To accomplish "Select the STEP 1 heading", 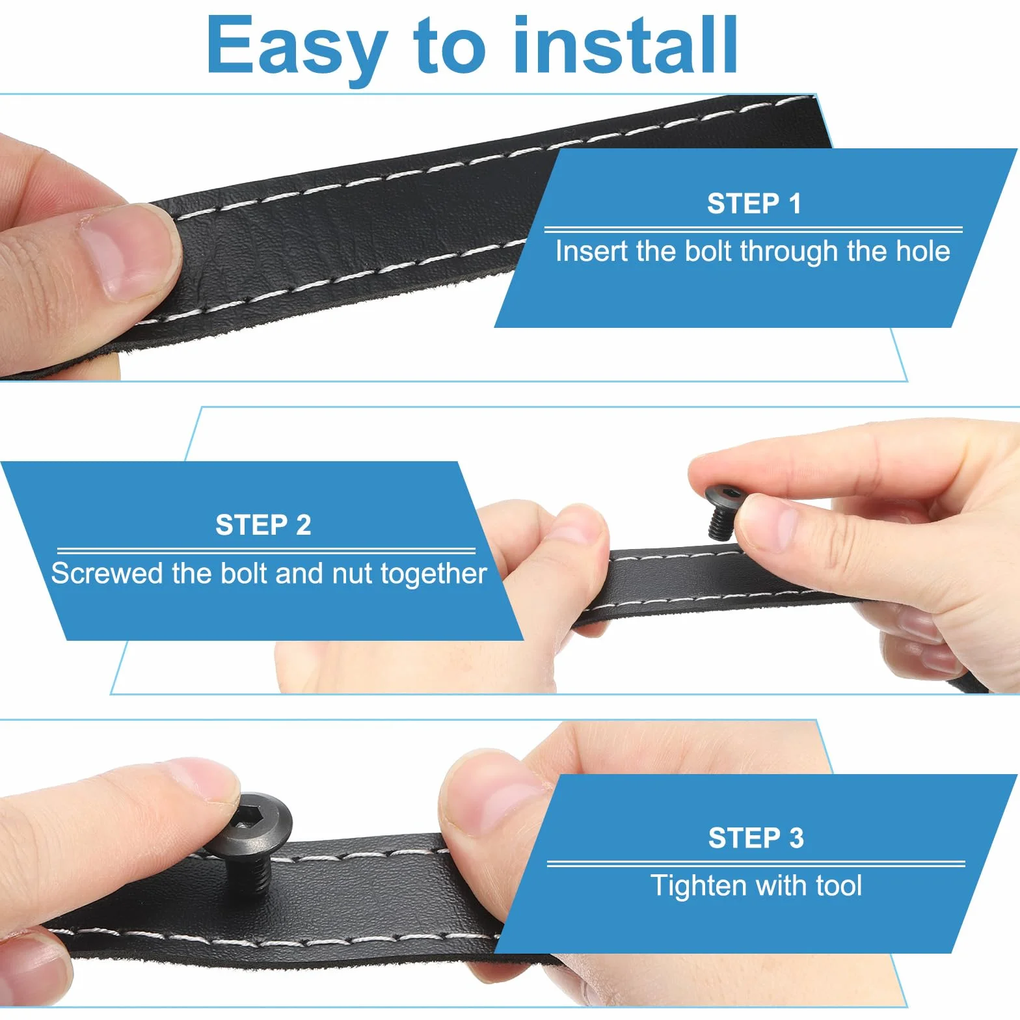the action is [x=754, y=204].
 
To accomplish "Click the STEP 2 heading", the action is [x=263, y=525].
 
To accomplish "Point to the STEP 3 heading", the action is [x=756, y=838].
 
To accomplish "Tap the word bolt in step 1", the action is [x=708, y=251].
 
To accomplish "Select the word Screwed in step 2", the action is [x=108, y=573].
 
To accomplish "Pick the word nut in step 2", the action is [x=352, y=574].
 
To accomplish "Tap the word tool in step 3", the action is [x=839, y=886].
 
